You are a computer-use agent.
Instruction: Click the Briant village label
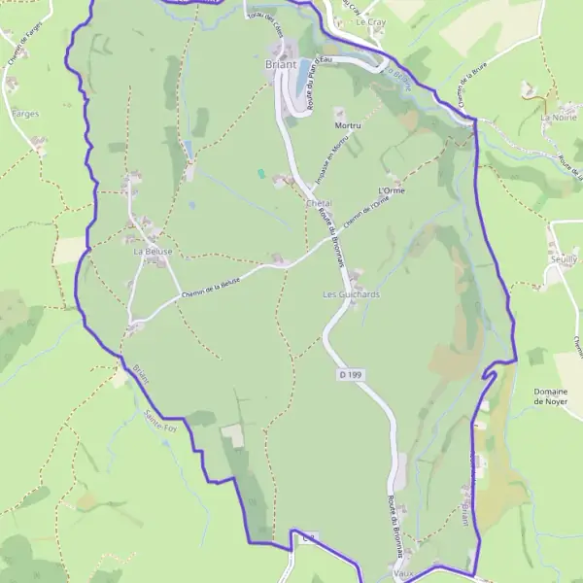(x=280, y=65)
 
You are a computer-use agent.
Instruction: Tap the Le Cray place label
(x=369, y=21)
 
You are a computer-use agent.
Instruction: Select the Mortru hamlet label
(x=347, y=126)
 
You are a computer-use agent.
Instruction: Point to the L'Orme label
(x=391, y=190)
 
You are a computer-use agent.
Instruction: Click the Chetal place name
(x=320, y=202)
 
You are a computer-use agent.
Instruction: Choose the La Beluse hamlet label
(x=153, y=252)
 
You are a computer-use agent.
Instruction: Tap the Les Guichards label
(x=351, y=293)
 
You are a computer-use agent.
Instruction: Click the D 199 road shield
(x=351, y=374)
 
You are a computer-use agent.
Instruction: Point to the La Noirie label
(x=559, y=117)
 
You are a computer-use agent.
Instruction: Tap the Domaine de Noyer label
(x=550, y=396)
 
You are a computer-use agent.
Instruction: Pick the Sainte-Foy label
(x=160, y=426)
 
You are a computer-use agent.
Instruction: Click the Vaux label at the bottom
(x=404, y=573)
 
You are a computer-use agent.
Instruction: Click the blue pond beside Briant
(x=302, y=68)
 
